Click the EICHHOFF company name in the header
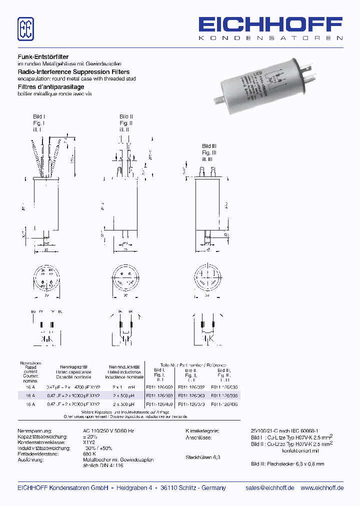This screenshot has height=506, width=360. click(270, 24)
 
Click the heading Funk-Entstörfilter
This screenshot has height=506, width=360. click(43, 57)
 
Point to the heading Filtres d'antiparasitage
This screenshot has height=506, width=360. click(50, 86)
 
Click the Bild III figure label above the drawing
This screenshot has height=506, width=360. click(209, 146)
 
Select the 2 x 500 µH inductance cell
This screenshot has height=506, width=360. click(122, 395)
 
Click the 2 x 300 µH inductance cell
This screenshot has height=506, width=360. click(122, 403)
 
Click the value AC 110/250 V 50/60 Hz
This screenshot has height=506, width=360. click(108, 430)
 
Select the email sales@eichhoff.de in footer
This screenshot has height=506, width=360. click(270, 488)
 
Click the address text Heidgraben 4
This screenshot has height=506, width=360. click(134, 488)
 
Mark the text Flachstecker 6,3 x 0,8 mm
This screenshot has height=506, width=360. click(287, 464)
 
